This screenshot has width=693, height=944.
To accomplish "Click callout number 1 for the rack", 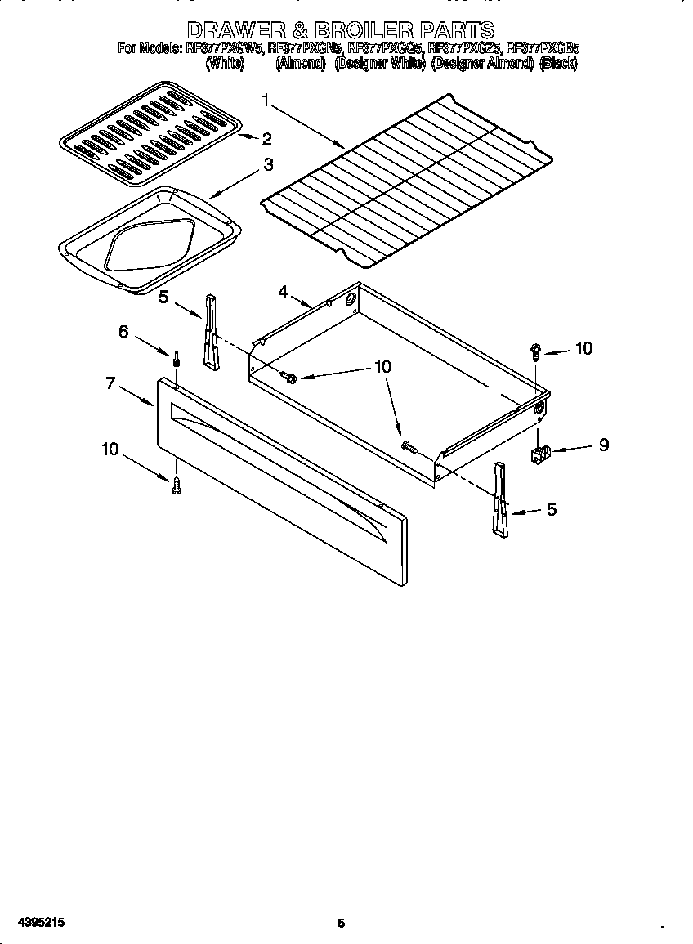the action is tap(266, 100).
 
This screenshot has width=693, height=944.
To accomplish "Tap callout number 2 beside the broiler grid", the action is tap(266, 138).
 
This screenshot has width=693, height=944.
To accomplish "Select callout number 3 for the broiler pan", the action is tap(267, 165).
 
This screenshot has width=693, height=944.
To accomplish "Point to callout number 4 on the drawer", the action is tap(283, 291).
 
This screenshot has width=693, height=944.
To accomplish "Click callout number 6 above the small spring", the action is tap(123, 331).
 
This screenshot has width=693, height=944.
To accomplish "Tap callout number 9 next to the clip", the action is tap(603, 445).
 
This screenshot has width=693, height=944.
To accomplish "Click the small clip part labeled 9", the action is tap(540, 455).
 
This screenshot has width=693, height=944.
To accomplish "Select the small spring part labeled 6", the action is tap(176, 360).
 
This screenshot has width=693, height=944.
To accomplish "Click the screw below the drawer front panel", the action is tap(176, 486).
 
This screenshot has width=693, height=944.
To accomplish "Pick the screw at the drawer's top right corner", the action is tap(535, 352).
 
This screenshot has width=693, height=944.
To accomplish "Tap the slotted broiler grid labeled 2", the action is tap(150, 132).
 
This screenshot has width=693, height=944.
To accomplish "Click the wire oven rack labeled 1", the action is tap(406, 179).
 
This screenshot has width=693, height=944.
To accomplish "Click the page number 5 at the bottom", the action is tap(342, 923).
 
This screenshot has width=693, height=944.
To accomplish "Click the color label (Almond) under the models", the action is tap(300, 63).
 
